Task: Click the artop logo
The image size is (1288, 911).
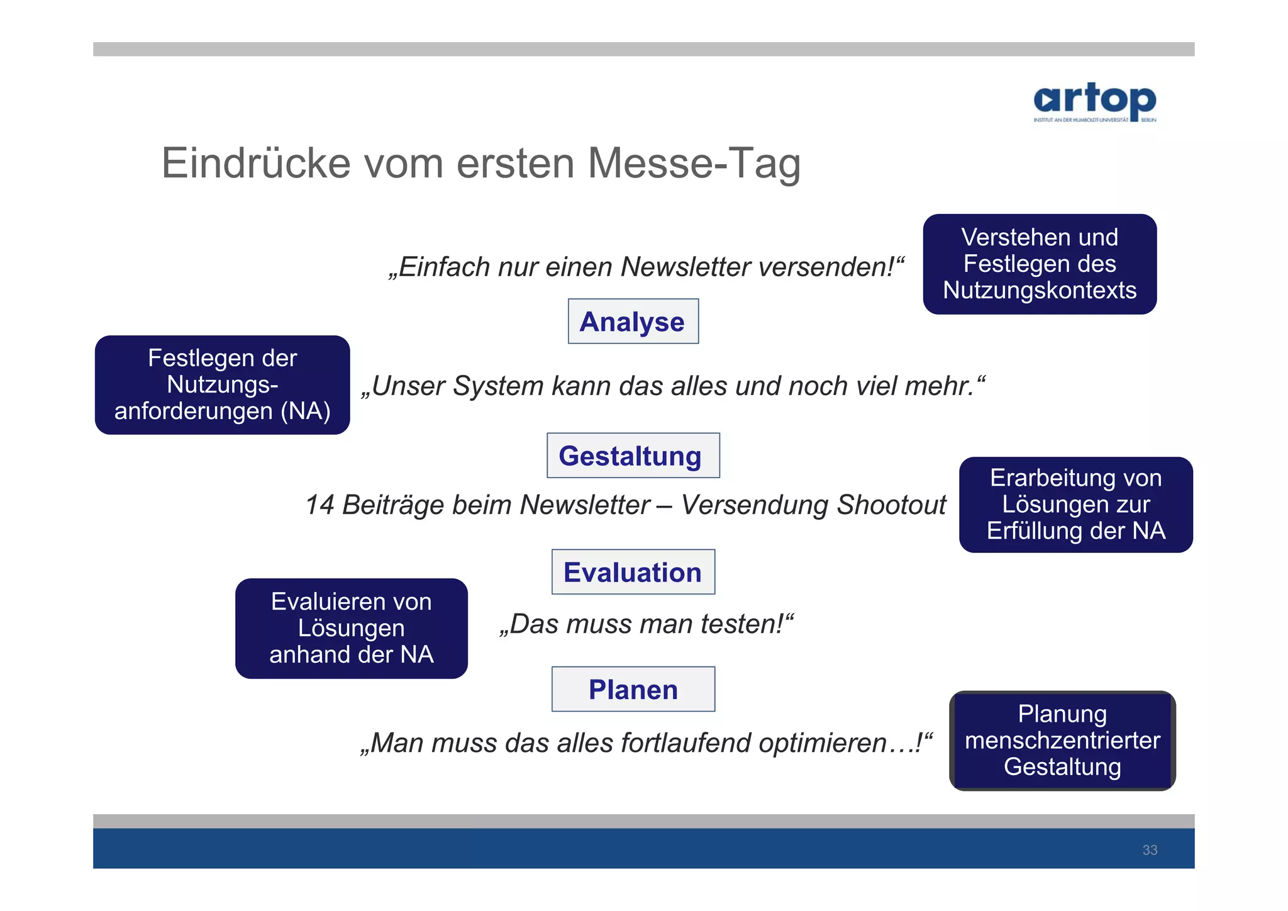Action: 1094,101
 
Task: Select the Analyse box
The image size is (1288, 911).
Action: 633,321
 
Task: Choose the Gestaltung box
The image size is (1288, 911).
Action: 633,455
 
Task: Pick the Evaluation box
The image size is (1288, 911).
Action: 633,572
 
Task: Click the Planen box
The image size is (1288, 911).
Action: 633,689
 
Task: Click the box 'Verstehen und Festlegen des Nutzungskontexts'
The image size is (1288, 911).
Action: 1039,264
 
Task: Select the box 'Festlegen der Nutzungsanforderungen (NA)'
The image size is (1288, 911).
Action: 222,384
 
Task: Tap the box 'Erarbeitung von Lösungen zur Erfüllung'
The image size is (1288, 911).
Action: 1075,505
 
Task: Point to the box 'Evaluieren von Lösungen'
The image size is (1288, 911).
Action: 351,628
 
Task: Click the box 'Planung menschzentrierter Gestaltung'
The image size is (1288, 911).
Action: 1062,741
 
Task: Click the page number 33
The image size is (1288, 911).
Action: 1150,850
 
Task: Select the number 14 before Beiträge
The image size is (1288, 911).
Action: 319,505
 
